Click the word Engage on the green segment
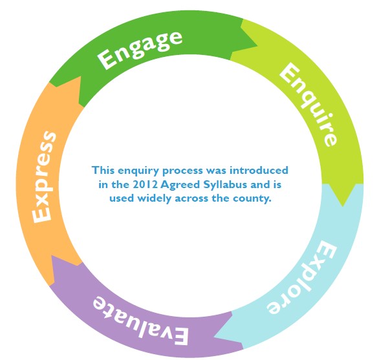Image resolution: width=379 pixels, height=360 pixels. [140, 50]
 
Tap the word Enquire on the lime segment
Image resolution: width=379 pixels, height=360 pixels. [308, 104]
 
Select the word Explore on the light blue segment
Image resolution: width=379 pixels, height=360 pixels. [301, 277]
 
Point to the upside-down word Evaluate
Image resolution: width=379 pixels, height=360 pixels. [140, 319]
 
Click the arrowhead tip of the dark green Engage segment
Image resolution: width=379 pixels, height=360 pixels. [257, 45]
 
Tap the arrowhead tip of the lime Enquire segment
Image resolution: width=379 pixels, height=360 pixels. [343, 207]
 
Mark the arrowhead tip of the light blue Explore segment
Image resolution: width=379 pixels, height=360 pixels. [214, 336]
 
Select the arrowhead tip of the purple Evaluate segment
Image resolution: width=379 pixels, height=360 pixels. [51, 256]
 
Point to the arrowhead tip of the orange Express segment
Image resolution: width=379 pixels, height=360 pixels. [80, 77]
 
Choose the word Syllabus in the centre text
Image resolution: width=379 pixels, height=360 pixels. [225, 185]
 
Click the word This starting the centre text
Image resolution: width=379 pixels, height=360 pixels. [103, 170]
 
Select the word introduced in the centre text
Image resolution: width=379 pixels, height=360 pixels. [259, 170]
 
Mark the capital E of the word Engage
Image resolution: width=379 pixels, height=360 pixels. [106, 59]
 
